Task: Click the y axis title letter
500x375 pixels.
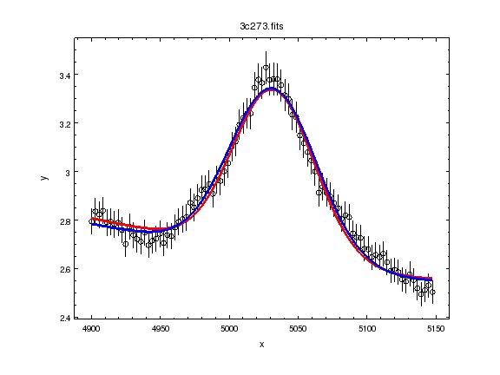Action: click(43, 178)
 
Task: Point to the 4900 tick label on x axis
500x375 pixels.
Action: click(91, 330)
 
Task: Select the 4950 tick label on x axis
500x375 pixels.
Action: click(160, 330)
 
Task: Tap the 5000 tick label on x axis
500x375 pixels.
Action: click(228, 330)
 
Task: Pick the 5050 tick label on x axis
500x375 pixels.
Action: click(297, 330)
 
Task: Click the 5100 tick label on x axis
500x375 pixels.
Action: click(365, 330)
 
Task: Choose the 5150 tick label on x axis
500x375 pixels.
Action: click(434, 330)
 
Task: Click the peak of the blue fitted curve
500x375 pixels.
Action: click(272, 89)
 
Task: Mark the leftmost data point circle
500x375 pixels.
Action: click(91, 221)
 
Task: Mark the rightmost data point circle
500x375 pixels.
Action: click(432, 292)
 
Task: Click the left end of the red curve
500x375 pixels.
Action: click(91, 220)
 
